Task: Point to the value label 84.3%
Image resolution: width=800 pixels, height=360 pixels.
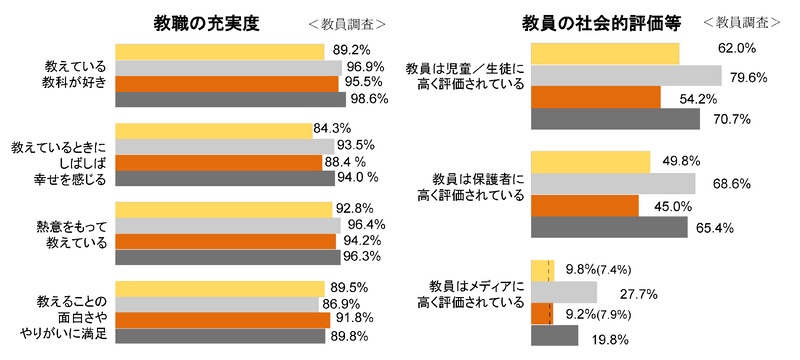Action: (x=332, y=129)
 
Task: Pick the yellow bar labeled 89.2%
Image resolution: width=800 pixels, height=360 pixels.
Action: (x=220, y=51)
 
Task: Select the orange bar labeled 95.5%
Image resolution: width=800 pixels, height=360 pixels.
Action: (x=228, y=83)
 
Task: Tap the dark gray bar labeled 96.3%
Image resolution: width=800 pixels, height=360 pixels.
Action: (x=227, y=257)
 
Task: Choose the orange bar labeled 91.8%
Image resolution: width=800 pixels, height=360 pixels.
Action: (x=223, y=320)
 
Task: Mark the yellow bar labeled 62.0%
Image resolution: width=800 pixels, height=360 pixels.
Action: (x=605, y=53)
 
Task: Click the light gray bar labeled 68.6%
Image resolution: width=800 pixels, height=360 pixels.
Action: (x=613, y=184)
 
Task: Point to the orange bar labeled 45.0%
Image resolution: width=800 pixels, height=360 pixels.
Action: (x=585, y=206)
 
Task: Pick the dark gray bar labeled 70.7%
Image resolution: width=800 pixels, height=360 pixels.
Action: (x=615, y=119)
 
